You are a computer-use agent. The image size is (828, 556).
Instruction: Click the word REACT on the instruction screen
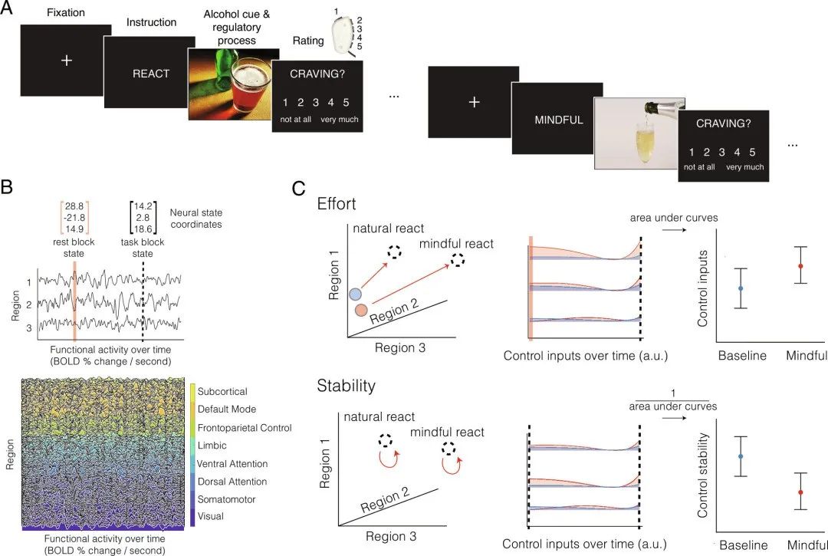pos(152,74)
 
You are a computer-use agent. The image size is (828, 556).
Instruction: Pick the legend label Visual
pos(210,516)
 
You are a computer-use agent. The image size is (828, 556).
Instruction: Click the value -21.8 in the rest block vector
pos(74,219)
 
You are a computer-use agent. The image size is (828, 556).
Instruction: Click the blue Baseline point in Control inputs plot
pos(740,288)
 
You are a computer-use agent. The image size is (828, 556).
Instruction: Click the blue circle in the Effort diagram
pos(356,294)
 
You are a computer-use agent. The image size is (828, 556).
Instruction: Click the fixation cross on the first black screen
pos(66,60)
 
